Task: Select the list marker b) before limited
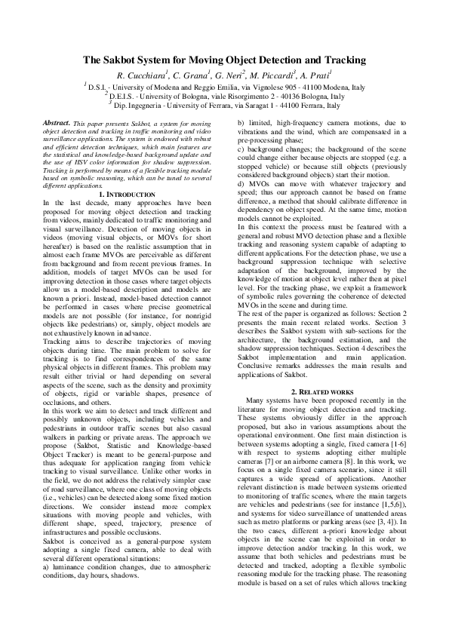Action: (x=241, y=122)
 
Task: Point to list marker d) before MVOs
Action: (x=241, y=183)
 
